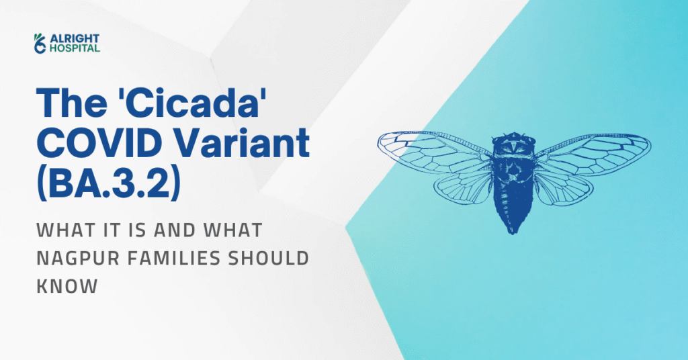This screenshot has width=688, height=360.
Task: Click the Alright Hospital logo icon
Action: coord(40,42)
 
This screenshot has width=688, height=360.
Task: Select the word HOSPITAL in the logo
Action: coord(73,48)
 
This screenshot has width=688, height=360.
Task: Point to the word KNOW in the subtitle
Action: coord(67,285)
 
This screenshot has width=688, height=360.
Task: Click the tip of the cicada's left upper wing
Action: coord(380,140)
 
